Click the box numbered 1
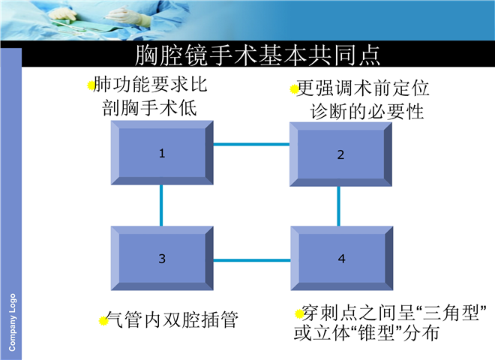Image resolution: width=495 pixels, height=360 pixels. (x=162, y=153)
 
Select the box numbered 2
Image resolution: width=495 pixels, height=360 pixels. (x=341, y=154)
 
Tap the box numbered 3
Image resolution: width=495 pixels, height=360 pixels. (x=162, y=258)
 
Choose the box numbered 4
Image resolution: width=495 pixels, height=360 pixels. (x=341, y=258)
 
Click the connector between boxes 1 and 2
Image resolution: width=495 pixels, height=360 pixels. (x=251, y=145)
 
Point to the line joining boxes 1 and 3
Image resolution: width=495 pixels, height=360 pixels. (x=161, y=205)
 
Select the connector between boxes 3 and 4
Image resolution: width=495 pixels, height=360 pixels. (x=252, y=260)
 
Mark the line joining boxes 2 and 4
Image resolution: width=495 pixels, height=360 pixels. (x=339, y=206)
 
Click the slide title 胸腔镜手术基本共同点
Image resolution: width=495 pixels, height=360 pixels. (x=257, y=55)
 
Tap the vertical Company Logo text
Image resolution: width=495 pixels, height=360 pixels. (x=12, y=322)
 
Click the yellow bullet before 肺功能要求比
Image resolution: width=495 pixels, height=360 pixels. (x=91, y=85)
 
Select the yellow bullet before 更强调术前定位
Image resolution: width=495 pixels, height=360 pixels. (x=294, y=89)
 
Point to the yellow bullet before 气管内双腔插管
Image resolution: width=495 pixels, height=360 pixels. (x=103, y=321)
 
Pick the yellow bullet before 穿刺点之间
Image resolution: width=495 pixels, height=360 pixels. (x=299, y=313)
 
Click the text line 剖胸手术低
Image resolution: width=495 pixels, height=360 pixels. (x=149, y=108)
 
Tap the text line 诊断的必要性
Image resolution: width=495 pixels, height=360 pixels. (x=367, y=112)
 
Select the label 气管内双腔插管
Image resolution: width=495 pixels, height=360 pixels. (x=172, y=319)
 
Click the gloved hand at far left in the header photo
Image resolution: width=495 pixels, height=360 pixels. (x=63, y=14)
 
